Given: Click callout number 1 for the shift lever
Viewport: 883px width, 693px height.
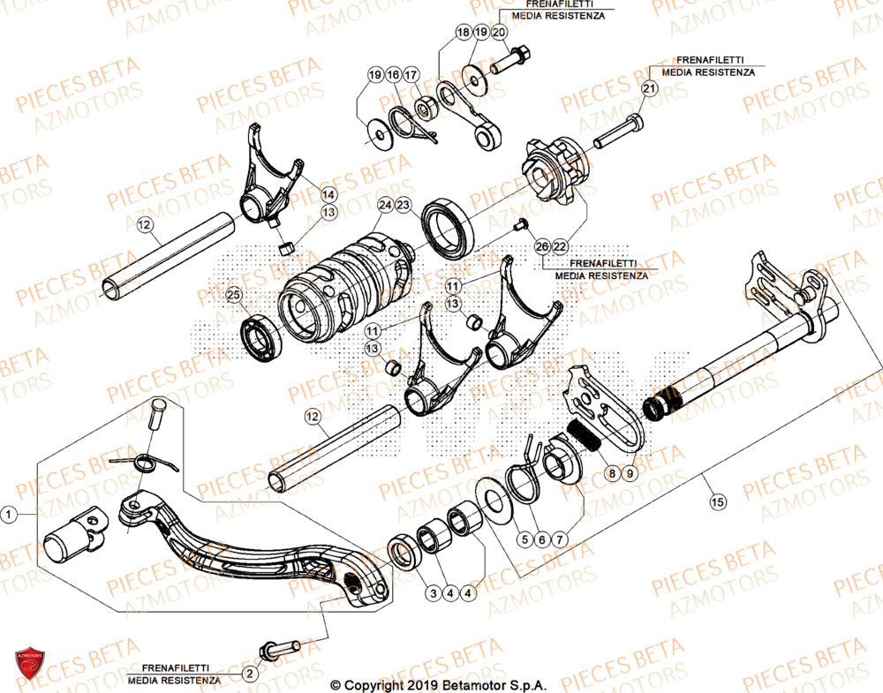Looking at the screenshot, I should pos(10,513).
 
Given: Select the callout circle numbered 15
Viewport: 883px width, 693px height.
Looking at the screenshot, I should pos(717,501).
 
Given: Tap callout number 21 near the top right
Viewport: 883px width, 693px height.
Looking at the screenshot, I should pos(649,89).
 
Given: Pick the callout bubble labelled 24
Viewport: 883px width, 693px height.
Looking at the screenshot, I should pos(385,205).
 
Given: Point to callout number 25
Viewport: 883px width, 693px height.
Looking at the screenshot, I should pos(234,294).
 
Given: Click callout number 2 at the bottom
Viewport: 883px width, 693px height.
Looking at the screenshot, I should pos(249,674).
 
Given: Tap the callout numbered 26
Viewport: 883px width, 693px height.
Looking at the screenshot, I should pos(542,246).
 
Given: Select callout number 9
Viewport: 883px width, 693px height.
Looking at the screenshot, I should pos(630,474).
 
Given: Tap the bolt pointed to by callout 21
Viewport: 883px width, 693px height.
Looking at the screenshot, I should pos(618,132).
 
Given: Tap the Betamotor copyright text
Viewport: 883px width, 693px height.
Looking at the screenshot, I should pos(438,684).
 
